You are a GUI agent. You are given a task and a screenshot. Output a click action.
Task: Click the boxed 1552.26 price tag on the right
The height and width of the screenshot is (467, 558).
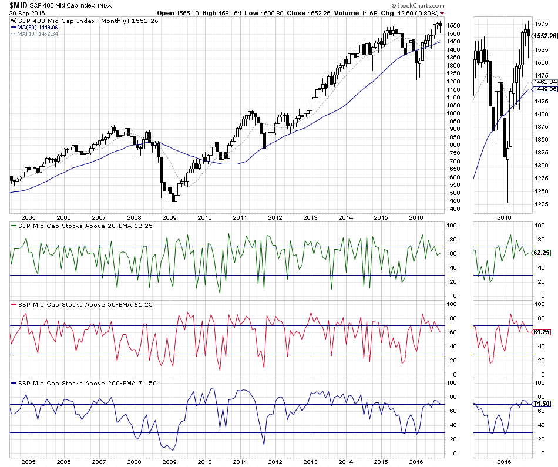tap(544, 36)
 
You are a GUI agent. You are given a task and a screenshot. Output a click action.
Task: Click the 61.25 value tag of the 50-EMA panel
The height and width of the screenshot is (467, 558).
tap(540, 332)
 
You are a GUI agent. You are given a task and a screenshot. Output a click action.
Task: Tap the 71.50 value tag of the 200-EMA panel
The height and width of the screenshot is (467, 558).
tap(540, 404)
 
